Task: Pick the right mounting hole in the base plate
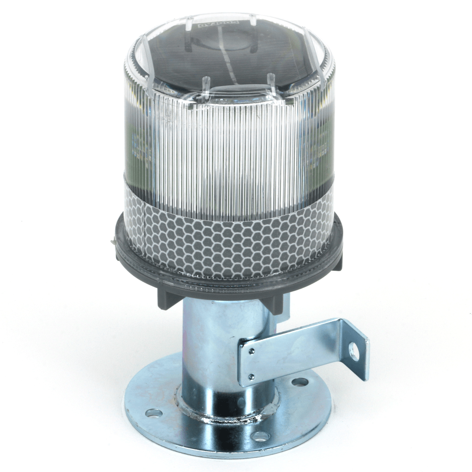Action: [x=300, y=381]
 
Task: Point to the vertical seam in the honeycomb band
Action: [x=145, y=232]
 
